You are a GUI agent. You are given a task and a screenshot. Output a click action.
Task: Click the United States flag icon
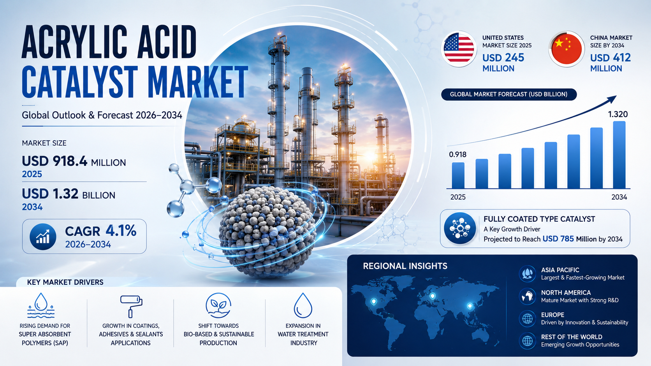tap(459, 49)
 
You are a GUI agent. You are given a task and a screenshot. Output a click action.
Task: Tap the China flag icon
tap(567, 49)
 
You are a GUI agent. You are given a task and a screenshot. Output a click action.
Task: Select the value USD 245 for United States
tap(503, 58)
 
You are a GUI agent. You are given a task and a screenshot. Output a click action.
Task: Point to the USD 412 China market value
tap(611, 58)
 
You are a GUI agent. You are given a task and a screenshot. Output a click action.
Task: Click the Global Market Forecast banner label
tap(508, 95)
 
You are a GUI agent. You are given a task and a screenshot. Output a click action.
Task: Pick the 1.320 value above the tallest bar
tap(618, 114)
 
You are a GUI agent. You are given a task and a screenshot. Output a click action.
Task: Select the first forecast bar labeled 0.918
tap(458, 175)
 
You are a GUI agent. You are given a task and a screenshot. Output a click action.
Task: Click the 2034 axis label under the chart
tap(619, 197)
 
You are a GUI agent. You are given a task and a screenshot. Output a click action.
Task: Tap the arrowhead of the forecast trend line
tap(612, 99)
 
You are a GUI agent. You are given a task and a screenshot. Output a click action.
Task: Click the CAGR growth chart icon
tap(43, 236)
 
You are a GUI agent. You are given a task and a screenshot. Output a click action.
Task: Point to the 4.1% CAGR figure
tap(121, 231)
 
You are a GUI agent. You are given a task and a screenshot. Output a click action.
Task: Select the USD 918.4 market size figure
tap(55, 161)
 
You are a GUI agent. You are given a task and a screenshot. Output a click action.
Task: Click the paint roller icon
tap(131, 306)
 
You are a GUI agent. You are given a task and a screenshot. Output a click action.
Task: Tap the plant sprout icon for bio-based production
tap(218, 305)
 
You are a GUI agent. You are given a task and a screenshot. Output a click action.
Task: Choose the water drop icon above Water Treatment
tap(303, 305)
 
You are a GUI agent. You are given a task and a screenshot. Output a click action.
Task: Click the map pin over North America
tap(374, 302)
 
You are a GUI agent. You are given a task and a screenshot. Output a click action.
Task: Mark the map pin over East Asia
tap(470, 306)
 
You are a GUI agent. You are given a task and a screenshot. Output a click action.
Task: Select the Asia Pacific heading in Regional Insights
tap(560, 270)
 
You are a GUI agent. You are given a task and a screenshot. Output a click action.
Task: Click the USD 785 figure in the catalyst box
tap(558, 239)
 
